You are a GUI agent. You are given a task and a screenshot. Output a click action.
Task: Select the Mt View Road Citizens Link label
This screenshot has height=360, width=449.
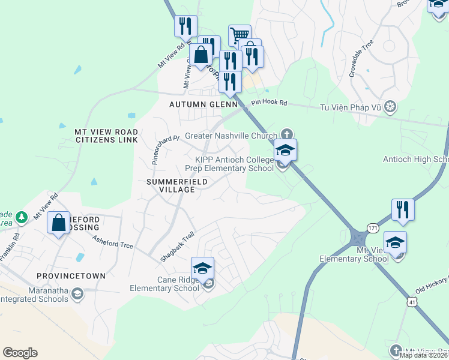pyautogui.click(x=106, y=136)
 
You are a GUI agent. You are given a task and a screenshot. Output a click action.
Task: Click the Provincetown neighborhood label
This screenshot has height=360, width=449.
pyautogui.click(x=71, y=276)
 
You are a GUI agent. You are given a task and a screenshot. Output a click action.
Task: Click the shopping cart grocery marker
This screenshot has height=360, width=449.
pyautogui.click(x=240, y=35)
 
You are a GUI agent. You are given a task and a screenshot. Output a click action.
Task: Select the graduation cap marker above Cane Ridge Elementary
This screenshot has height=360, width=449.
pyautogui.click(x=203, y=268)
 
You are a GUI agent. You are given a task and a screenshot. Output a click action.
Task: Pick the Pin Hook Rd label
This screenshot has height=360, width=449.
pyautogui.click(x=270, y=103)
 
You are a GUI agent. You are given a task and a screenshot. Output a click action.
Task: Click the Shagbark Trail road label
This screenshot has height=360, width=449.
pyautogui.click(x=178, y=247)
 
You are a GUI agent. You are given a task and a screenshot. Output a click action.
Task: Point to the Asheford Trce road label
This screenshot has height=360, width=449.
pyautogui.click(x=112, y=242)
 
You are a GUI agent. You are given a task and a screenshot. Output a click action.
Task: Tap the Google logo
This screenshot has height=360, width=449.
pyautogui.click(x=20, y=353)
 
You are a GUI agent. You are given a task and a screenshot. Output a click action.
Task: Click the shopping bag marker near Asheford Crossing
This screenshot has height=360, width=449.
pyautogui.click(x=59, y=223)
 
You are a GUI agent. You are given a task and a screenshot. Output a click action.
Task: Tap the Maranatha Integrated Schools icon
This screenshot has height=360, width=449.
pyautogui.click(x=77, y=294)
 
